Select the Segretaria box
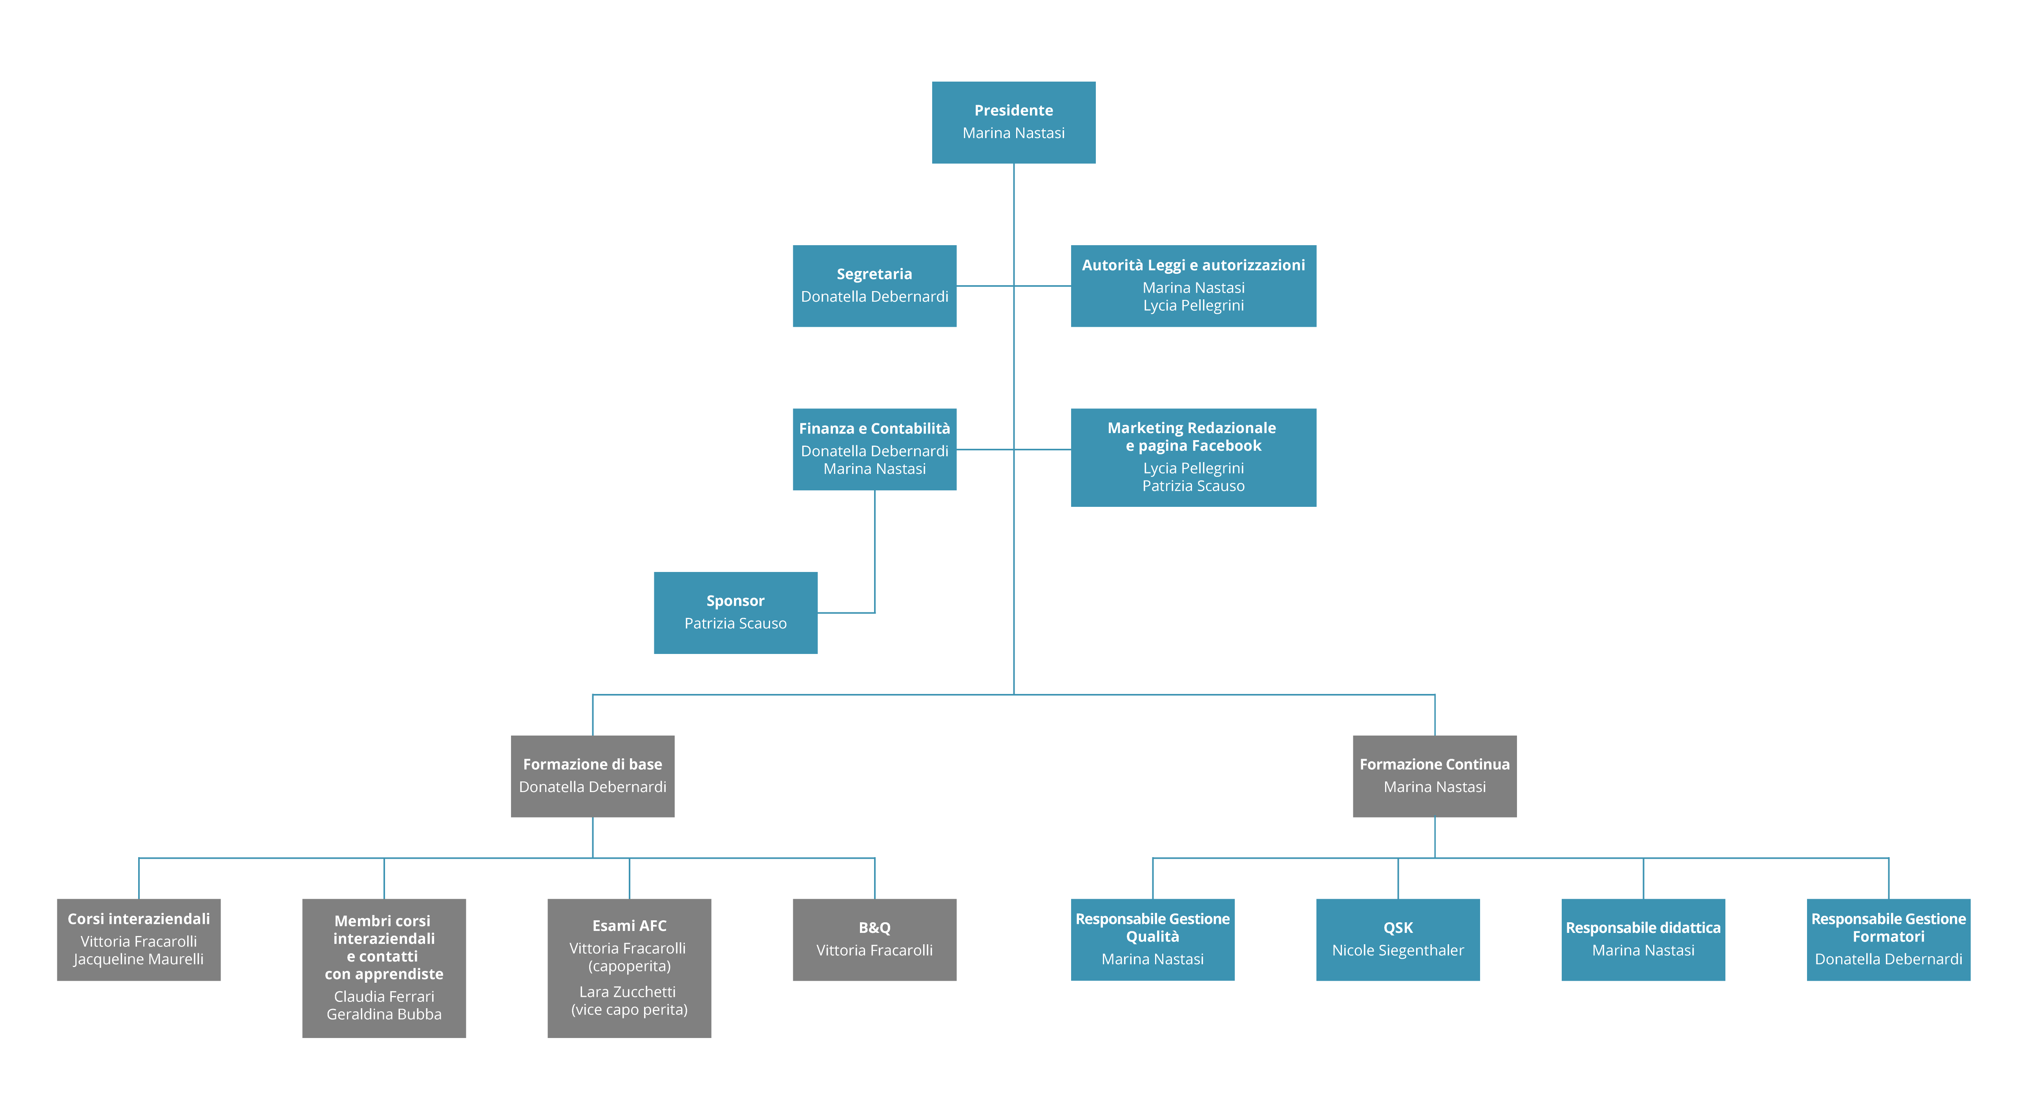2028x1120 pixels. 874,286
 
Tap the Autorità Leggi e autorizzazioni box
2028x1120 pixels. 1194,286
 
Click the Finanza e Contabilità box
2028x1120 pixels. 874,450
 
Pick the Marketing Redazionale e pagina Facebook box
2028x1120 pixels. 1194,457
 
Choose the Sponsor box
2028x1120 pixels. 735,612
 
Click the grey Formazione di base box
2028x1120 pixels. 593,776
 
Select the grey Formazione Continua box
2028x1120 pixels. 1435,776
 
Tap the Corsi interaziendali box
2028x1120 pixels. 139,940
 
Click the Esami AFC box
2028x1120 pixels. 629,968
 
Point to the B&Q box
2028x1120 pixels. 874,940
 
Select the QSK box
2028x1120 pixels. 1398,940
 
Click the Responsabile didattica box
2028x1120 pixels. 1643,940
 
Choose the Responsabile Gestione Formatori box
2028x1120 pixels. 1889,940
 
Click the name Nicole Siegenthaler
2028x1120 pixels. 1398,951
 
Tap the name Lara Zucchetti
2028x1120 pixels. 628,992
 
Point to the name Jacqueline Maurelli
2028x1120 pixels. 139,960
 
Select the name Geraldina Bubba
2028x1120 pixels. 384,1014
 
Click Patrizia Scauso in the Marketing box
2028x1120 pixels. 1194,486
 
